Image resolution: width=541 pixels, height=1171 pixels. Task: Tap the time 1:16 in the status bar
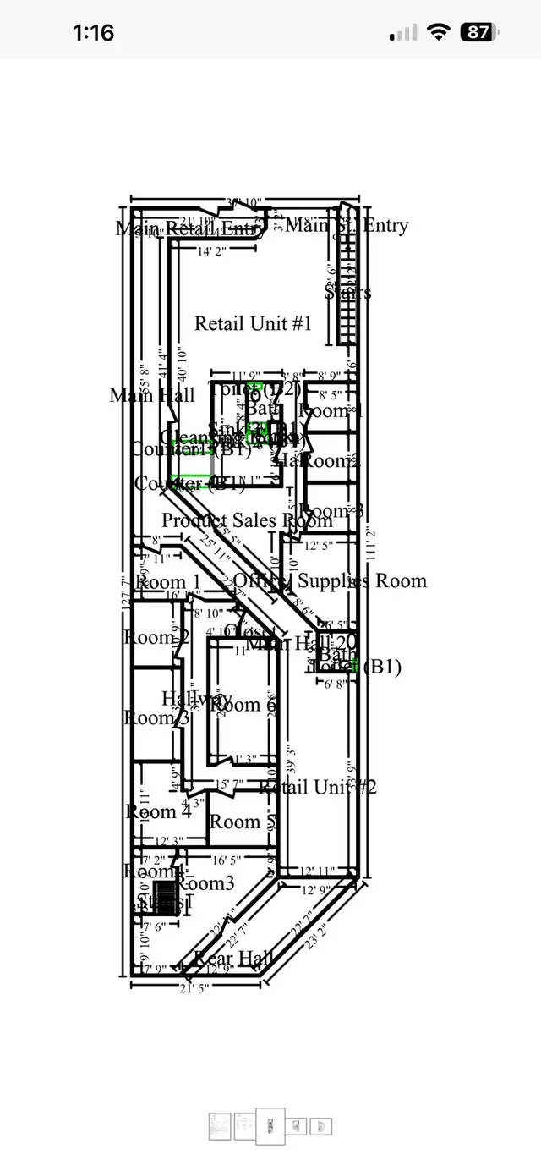[93, 33]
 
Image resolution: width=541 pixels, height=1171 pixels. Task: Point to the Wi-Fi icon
[438, 33]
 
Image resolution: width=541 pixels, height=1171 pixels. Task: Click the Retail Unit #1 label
[254, 323]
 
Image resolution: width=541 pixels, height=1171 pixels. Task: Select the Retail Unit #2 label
[318, 787]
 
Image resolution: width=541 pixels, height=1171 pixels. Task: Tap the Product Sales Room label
[235, 520]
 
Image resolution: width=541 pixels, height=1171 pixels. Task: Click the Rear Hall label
[233, 958]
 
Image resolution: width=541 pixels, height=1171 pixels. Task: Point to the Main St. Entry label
[347, 225]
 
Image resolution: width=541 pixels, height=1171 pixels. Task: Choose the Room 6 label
[244, 705]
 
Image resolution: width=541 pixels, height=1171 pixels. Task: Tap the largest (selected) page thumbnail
[270, 1125]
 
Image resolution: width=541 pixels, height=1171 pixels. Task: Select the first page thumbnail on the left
[219, 1125]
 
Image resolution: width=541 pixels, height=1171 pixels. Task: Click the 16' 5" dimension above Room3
[227, 860]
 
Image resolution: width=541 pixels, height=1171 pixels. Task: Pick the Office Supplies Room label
[330, 580]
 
